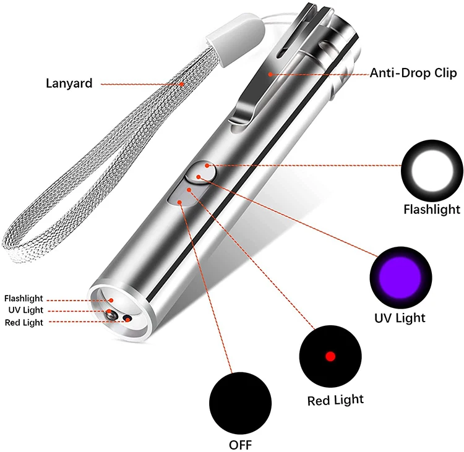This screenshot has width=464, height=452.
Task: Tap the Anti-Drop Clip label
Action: (413, 73)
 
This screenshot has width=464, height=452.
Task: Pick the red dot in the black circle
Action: (330, 356)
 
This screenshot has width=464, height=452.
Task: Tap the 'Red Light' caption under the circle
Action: (335, 401)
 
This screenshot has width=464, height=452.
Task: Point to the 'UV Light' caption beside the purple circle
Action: (400, 318)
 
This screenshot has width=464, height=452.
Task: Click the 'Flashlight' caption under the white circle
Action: (432, 210)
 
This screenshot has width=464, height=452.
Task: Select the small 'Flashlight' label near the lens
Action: (24, 299)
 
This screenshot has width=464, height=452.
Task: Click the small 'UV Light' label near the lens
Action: (25, 310)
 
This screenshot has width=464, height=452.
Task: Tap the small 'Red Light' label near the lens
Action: (25, 322)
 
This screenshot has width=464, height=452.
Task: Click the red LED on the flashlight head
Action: (127, 318)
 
